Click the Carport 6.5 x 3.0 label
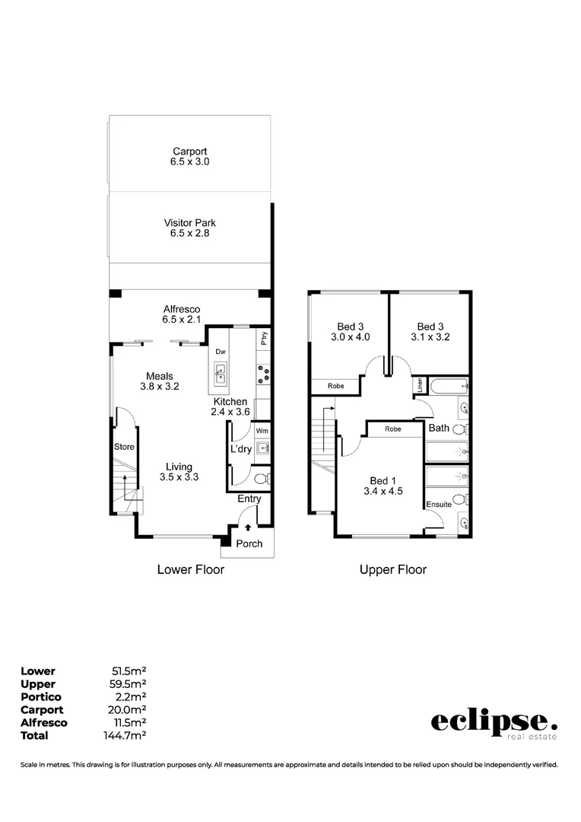(x=189, y=157)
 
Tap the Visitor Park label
(x=189, y=228)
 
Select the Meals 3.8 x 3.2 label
(x=160, y=381)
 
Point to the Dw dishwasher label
(x=221, y=352)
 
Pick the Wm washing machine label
(x=262, y=431)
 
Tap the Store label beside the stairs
(x=124, y=447)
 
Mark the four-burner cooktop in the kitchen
(x=264, y=374)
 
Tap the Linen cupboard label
(x=419, y=386)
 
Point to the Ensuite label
(x=439, y=505)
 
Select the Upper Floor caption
(x=393, y=569)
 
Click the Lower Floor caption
(x=190, y=569)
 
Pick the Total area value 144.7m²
(x=125, y=735)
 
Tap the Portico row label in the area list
(x=41, y=696)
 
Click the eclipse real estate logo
(x=494, y=724)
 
